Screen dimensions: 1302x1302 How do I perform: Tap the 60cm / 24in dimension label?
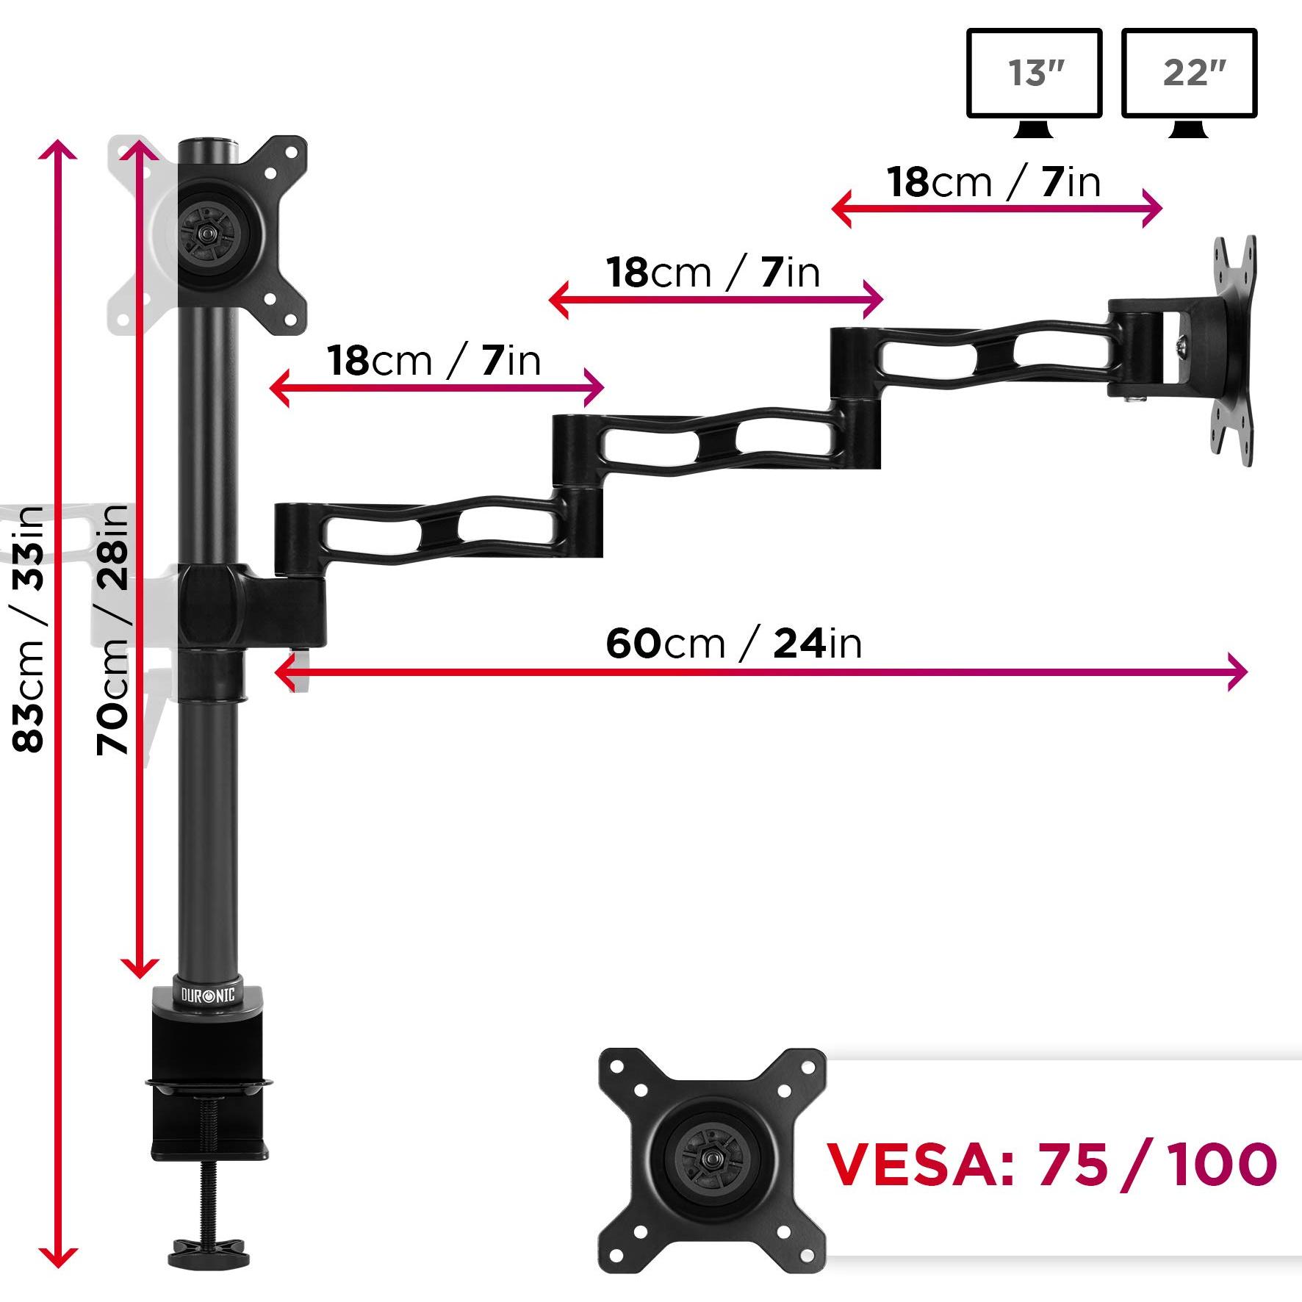coord(733,644)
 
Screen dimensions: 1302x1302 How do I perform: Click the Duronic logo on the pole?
coord(208,996)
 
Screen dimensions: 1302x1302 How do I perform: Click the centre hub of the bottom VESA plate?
coord(711,1159)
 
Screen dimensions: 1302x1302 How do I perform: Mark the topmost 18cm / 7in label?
coord(993,182)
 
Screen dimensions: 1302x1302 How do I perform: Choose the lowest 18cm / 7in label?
coord(434,361)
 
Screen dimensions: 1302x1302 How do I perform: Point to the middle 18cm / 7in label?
coord(713,273)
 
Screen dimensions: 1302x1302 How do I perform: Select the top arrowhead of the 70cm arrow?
coord(140,151)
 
